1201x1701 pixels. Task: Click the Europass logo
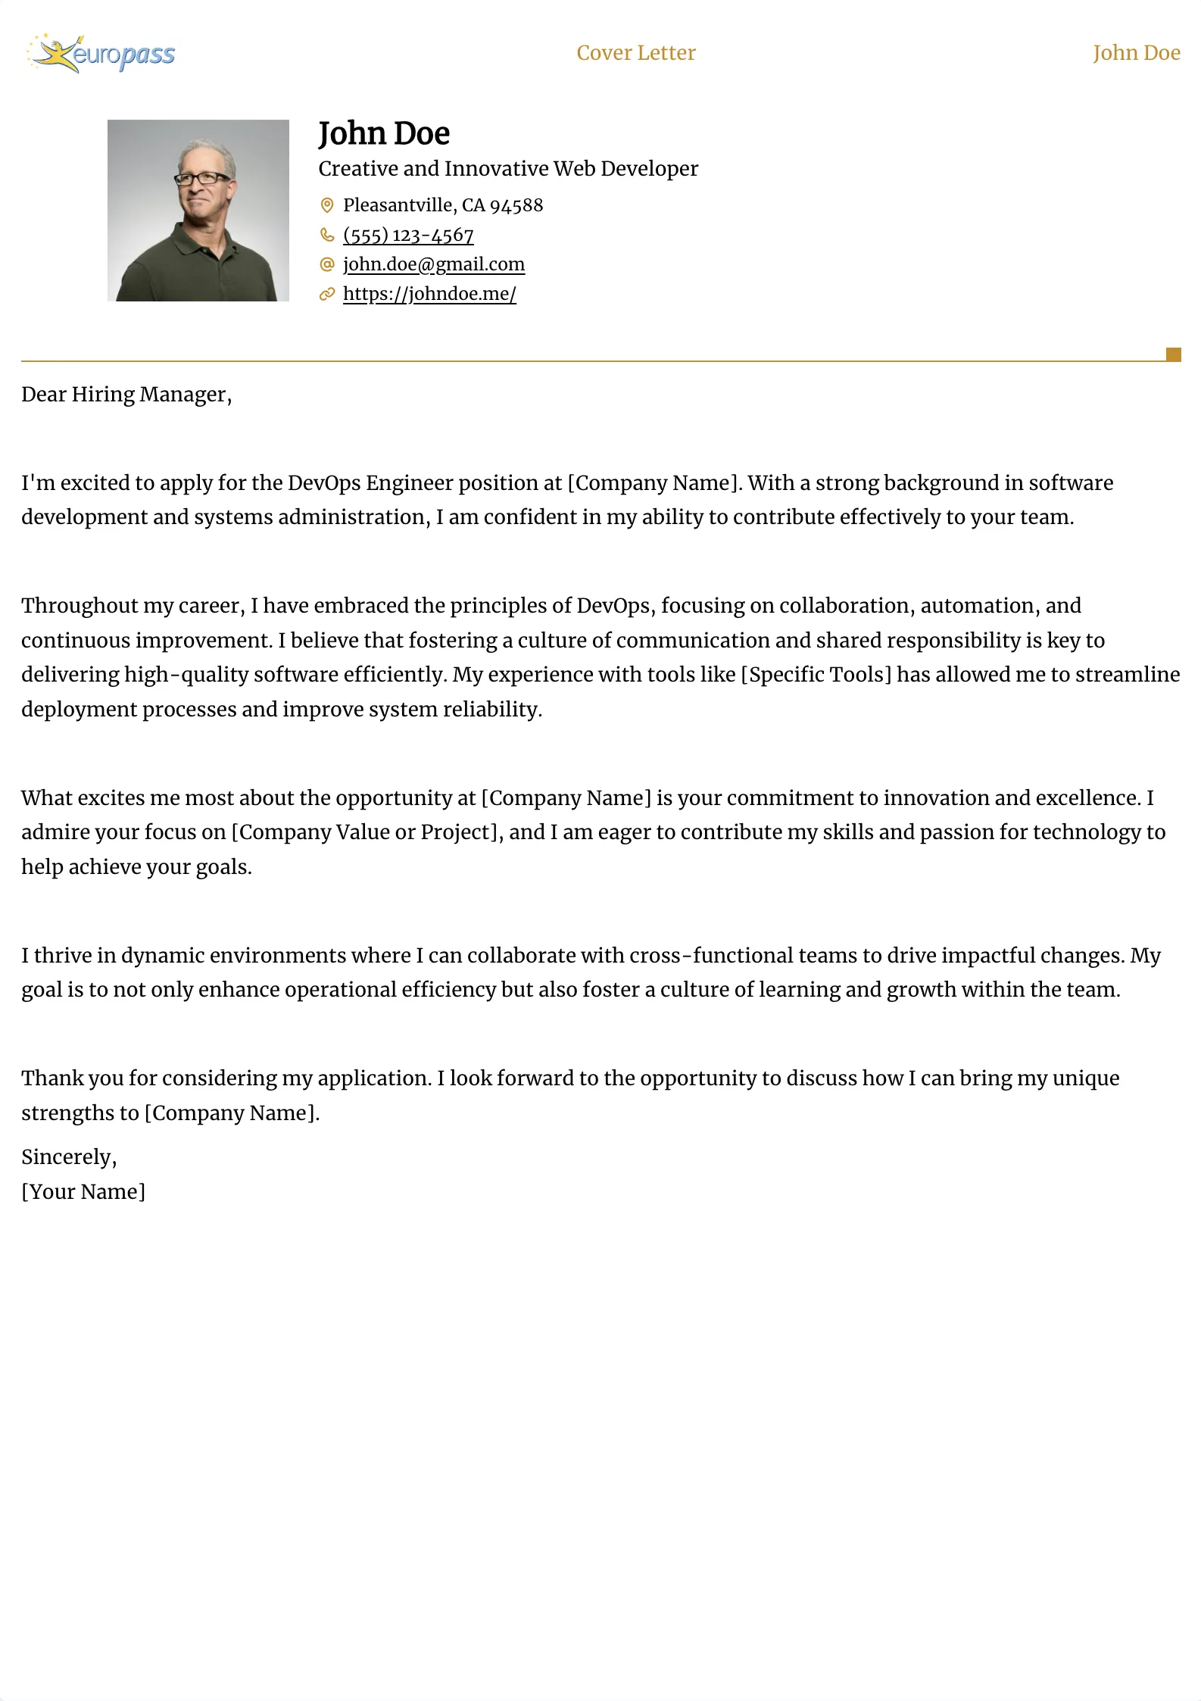tap(101, 54)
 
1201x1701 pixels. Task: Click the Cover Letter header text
tap(635, 53)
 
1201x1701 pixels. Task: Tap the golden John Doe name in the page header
tap(1136, 53)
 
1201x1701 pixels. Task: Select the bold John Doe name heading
tap(384, 134)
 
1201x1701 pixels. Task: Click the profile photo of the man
tap(198, 211)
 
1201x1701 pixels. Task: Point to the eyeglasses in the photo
tap(202, 179)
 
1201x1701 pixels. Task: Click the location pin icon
tap(327, 205)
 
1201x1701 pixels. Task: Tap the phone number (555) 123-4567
tap(408, 235)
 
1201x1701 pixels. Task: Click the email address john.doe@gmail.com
tap(434, 264)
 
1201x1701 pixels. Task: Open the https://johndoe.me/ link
tap(429, 294)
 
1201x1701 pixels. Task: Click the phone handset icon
tap(327, 235)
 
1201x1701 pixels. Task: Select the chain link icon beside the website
tap(327, 294)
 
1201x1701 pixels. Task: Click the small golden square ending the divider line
tap(1173, 354)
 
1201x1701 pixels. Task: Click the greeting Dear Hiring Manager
tap(126, 395)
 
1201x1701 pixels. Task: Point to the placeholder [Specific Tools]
tap(816, 675)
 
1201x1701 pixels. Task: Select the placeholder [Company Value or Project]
tap(367, 832)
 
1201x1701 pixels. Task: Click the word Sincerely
tap(68, 1157)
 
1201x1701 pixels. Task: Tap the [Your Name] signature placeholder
tap(83, 1192)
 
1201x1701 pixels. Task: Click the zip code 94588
tap(516, 205)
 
